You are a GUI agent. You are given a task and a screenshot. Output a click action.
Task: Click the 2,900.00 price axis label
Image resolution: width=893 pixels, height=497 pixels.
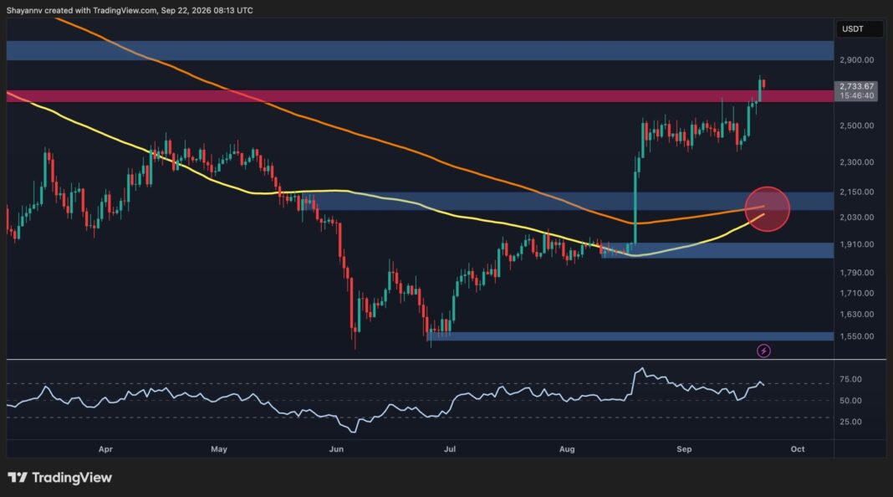[x=856, y=60]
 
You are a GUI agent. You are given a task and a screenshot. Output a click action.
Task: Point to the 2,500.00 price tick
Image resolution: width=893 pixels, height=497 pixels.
[x=856, y=126]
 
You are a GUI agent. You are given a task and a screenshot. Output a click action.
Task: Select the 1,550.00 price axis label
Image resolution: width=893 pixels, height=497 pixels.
[x=856, y=336]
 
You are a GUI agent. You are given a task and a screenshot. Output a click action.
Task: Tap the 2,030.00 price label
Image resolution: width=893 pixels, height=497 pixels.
[x=856, y=218]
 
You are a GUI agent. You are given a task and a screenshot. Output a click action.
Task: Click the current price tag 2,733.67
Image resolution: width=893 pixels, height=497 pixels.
[x=856, y=87]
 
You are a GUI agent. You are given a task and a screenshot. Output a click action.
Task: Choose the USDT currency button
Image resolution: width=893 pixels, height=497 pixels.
[x=853, y=29]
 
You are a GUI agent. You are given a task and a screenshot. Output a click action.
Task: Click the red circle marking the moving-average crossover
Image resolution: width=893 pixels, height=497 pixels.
[x=767, y=209]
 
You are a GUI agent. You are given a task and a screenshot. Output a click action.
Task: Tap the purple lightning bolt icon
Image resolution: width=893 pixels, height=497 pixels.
[x=763, y=351]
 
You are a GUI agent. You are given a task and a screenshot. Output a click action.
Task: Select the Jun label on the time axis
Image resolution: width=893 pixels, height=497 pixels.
[x=337, y=449]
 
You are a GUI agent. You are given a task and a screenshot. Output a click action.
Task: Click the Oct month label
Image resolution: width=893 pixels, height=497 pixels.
[x=798, y=449]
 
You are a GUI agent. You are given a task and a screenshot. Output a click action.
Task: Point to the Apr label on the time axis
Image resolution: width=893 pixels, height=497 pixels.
[x=105, y=449]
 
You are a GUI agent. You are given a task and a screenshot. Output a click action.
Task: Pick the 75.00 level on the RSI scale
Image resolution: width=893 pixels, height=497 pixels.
[x=850, y=380]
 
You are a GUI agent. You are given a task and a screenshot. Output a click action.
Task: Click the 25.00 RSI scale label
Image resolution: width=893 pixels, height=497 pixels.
[x=850, y=422]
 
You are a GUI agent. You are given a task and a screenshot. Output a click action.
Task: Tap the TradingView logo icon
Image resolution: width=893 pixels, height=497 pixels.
[x=17, y=478]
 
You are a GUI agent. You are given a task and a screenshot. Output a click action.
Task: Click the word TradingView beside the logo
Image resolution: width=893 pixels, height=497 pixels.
[x=72, y=478]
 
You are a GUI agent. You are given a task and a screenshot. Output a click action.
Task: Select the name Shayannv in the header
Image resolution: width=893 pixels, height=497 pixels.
[x=25, y=10]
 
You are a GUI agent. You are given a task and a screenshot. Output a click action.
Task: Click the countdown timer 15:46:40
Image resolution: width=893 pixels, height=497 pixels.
[x=856, y=95]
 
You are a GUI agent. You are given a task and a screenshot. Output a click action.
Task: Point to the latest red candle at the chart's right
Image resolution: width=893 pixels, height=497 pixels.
[x=763, y=85]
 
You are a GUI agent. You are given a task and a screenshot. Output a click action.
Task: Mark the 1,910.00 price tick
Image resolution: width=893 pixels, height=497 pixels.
[x=856, y=244]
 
